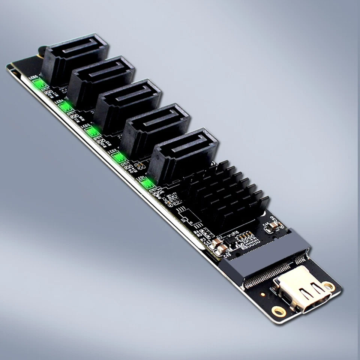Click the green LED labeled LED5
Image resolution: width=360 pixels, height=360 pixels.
point(39,82)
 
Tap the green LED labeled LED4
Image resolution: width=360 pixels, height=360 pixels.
point(65,107)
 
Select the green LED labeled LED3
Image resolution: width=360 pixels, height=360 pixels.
point(91,131)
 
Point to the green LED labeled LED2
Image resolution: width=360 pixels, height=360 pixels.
point(120,157)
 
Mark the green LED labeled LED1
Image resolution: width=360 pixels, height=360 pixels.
point(147,183)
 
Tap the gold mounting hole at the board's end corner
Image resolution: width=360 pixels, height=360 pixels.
point(279,311)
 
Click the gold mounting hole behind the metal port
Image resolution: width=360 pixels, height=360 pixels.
point(329,286)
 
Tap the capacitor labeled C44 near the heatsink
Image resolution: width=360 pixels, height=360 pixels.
point(275,225)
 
